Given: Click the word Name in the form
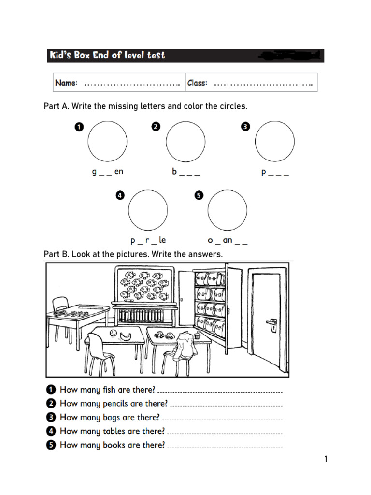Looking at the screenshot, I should click(66, 83).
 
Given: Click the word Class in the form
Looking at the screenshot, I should click(197, 83).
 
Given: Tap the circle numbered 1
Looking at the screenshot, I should click(107, 141).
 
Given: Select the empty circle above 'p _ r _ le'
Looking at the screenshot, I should click(148, 210).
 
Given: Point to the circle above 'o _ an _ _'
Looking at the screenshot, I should click(227, 210).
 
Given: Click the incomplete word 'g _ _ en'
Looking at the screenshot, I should click(108, 172).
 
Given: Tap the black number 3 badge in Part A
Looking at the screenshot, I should click(245, 127).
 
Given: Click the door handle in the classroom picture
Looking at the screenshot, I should click(271, 323).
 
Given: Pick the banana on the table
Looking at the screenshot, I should click(126, 336).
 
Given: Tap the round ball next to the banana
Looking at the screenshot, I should click(113, 333).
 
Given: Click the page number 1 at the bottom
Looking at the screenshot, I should click(326, 459).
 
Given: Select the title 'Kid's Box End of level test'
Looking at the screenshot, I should click(107, 56).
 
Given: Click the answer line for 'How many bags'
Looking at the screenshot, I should click(222, 419).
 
